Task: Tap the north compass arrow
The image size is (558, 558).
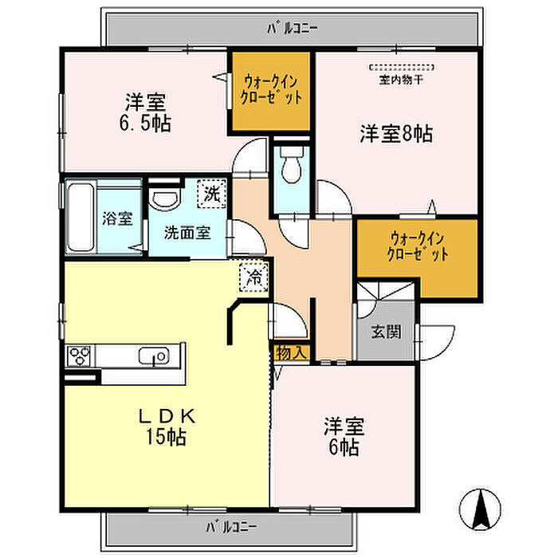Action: [480, 509]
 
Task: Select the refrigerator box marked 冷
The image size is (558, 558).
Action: [253, 277]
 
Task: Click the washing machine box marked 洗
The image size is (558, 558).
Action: [212, 194]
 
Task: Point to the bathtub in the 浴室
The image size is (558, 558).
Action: [81, 217]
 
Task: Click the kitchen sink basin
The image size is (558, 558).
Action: [154, 356]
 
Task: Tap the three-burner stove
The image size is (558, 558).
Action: [80, 356]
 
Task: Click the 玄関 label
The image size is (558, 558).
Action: [386, 332]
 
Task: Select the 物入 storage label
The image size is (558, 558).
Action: [290, 353]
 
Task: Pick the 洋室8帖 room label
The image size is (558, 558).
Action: [396, 134]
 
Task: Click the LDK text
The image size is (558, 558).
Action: [167, 416]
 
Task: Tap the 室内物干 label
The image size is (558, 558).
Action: [401, 80]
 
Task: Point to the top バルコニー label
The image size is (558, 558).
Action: [293, 28]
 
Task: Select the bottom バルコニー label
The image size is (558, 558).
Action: [231, 527]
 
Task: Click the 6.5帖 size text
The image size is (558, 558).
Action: [146, 123]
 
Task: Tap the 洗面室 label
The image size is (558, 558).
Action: [187, 233]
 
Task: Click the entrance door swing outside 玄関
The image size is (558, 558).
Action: [437, 342]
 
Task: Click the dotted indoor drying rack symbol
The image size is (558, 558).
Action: [402, 67]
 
